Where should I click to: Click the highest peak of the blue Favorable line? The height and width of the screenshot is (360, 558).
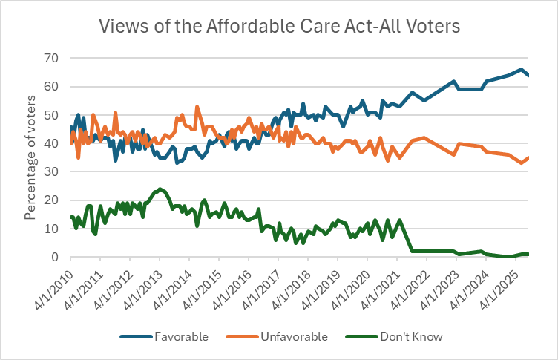click(x=522, y=70)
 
